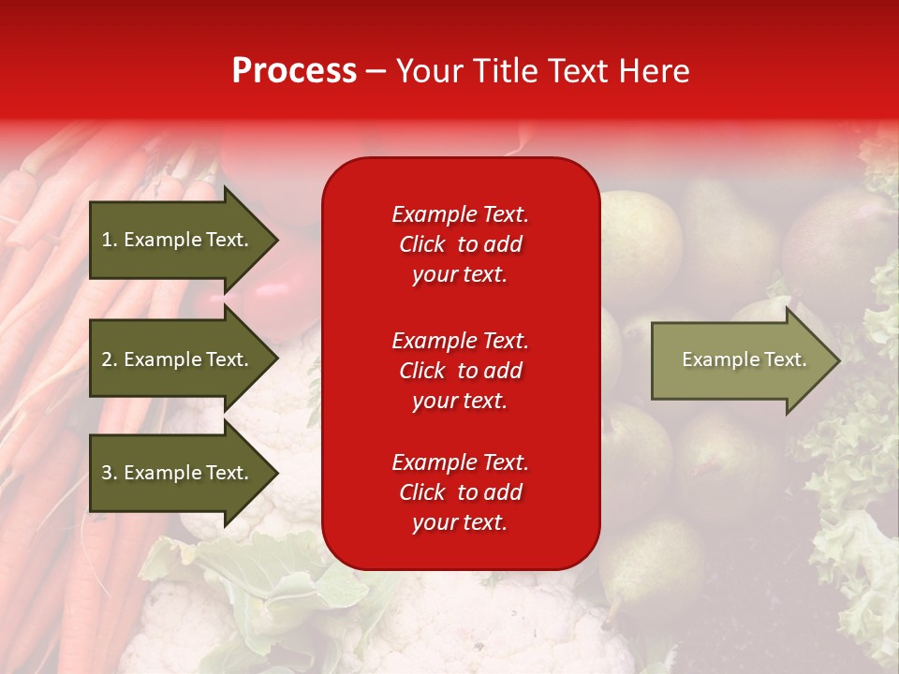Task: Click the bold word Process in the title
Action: pyautogui.click(x=294, y=71)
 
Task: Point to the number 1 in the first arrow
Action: pyautogui.click(x=107, y=240)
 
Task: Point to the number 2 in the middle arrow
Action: pyautogui.click(x=107, y=359)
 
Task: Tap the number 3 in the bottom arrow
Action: pyautogui.click(x=107, y=473)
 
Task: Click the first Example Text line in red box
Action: pyautogui.click(x=460, y=214)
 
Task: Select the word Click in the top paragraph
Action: pyautogui.click(x=421, y=244)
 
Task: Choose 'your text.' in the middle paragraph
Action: pyautogui.click(x=460, y=401)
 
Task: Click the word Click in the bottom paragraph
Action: pyautogui.click(x=421, y=492)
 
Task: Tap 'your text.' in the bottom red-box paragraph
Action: pyautogui.click(x=460, y=522)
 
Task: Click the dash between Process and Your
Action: pyautogui.click(x=376, y=71)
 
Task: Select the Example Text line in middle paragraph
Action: pyautogui.click(x=460, y=341)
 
